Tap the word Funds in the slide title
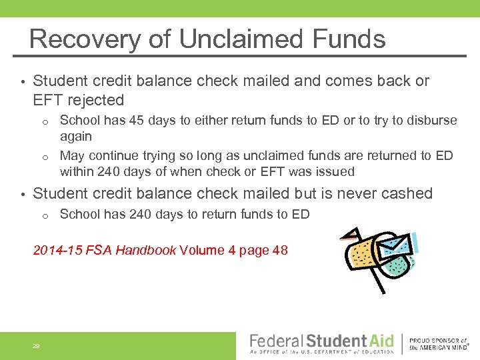pyautogui.click(x=351, y=39)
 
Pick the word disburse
pyautogui.click(x=432, y=121)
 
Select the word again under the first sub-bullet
pyautogui.click(x=76, y=136)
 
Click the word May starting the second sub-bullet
pyautogui.click(x=72, y=156)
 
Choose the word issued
pyautogui.click(x=337, y=171)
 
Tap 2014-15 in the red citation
pyautogui.click(x=58, y=251)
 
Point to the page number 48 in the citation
pyautogui.click(x=280, y=251)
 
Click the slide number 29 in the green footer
pyautogui.click(x=36, y=346)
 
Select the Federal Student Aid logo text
pyautogui.click(x=321, y=341)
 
